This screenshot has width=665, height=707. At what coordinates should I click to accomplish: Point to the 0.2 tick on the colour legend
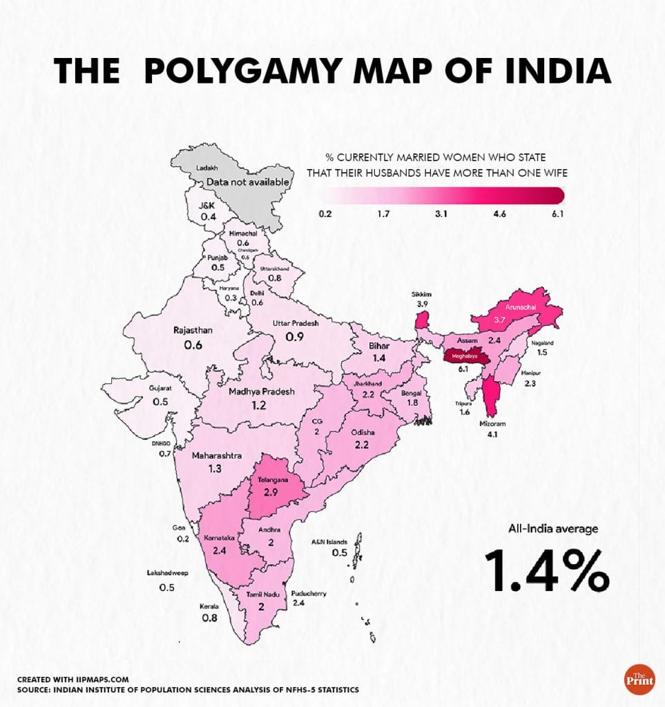tap(325, 214)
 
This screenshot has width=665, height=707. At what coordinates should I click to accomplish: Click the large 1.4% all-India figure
tap(546, 570)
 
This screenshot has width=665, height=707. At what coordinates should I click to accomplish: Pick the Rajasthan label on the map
tap(193, 331)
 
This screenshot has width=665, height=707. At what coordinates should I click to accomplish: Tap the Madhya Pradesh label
tap(261, 391)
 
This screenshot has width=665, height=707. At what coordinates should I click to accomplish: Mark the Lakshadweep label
tap(167, 573)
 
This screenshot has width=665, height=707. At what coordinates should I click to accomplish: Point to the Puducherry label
tap(309, 594)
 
